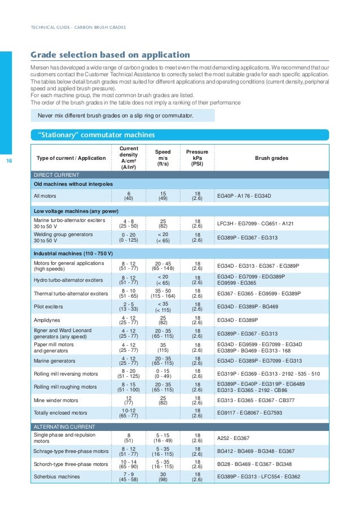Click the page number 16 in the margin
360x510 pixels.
click(8, 162)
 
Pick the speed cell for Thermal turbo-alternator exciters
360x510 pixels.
click(163, 294)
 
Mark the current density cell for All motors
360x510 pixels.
click(129, 197)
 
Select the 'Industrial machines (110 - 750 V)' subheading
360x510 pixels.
click(73, 252)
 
